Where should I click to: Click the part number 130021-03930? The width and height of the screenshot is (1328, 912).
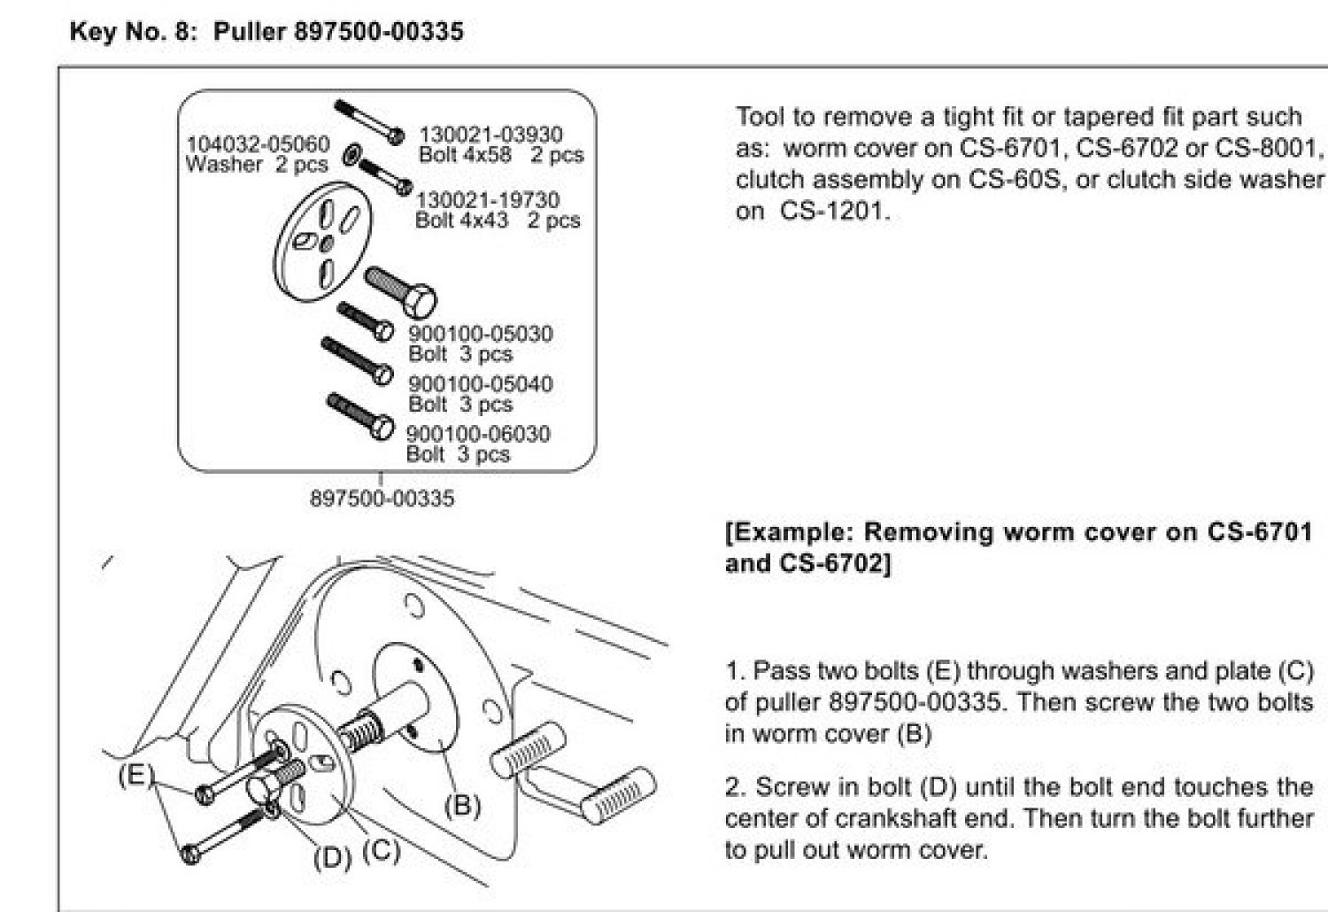tap(490, 135)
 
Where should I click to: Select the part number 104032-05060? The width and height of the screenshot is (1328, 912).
tap(258, 143)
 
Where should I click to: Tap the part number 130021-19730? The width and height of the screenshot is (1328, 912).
tap(488, 200)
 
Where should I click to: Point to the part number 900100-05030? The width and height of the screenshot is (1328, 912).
tap(480, 334)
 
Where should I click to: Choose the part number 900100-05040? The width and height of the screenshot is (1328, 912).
tap(480, 384)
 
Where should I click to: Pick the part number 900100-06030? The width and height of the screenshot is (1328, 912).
tap(478, 434)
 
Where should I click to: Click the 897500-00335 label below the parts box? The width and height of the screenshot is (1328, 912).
tap(382, 499)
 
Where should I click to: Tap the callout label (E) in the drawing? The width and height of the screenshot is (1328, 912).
tap(135, 776)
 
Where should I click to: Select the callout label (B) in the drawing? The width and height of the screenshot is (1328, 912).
tap(461, 805)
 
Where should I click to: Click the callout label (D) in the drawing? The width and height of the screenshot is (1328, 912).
tap(333, 858)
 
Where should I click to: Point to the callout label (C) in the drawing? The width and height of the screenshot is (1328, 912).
tap(382, 851)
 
